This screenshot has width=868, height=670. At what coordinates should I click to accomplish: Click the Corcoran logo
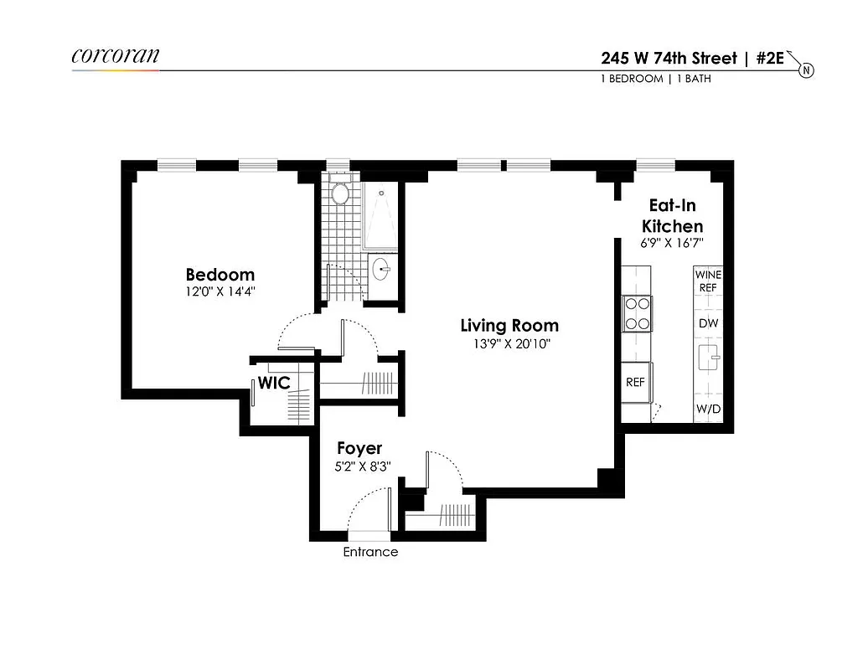(x=115, y=56)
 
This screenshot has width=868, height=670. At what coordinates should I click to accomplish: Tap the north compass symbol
(x=805, y=70)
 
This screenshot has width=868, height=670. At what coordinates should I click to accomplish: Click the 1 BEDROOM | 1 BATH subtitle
(x=656, y=80)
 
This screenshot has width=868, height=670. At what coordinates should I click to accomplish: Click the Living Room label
(x=509, y=326)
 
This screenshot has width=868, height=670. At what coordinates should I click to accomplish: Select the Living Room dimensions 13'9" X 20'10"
(x=509, y=343)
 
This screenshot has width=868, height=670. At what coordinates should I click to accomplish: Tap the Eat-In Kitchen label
(x=672, y=215)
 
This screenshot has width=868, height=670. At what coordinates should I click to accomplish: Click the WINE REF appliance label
(x=707, y=281)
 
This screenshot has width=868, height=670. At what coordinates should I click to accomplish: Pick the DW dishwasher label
(x=707, y=323)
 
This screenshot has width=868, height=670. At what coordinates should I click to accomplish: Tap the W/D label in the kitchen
(x=707, y=410)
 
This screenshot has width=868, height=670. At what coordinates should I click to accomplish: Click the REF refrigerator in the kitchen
(x=636, y=382)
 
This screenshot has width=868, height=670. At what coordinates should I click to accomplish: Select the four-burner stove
(x=637, y=314)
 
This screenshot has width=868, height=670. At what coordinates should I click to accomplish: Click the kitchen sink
(x=707, y=358)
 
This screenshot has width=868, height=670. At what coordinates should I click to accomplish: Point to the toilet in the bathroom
(x=340, y=193)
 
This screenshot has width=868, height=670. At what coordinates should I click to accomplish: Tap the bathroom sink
(x=382, y=270)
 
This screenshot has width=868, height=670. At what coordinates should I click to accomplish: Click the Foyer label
(x=359, y=449)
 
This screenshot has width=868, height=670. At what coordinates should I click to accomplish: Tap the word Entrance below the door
(x=370, y=553)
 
